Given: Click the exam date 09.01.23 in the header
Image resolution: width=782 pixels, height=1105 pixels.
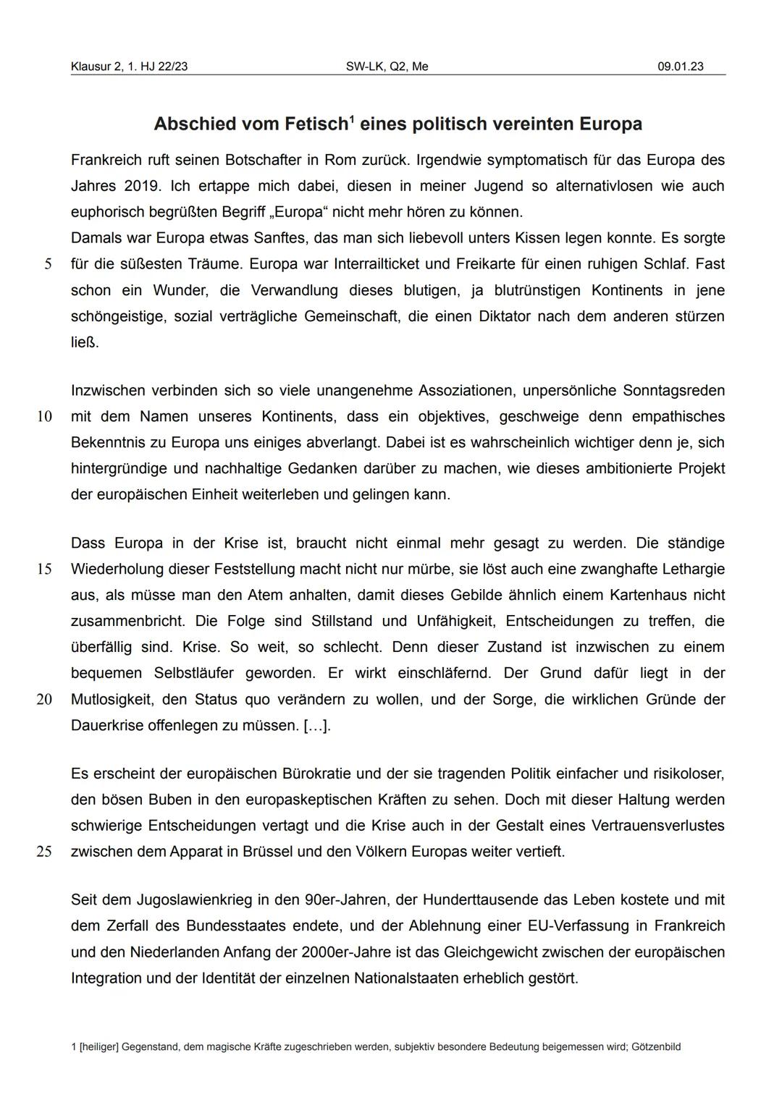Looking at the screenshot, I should [680, 67].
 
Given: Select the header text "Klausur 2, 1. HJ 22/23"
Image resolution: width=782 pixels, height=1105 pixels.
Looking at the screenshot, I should [129, 67].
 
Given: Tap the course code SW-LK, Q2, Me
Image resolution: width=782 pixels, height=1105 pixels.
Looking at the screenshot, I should [387, 67].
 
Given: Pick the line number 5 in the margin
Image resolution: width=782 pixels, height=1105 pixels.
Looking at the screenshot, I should [48, 264].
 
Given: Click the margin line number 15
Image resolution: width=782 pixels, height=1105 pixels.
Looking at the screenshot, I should [44, 570].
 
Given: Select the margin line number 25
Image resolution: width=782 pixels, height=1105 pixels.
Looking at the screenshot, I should [44, 852].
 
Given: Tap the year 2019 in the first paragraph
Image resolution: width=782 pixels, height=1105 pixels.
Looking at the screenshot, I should [140, 186].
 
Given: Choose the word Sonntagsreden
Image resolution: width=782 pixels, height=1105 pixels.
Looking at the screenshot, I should [673, 391].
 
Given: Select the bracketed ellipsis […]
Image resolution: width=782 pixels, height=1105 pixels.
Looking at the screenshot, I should [316, 725].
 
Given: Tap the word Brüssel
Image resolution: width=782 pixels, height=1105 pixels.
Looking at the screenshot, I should [269, 852].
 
